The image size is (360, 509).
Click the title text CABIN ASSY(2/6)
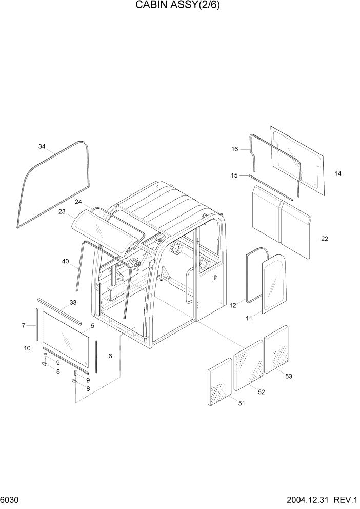(x=179, y=6)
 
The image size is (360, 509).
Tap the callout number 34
(x=42, y=147)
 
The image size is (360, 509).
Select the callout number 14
(x=337, y=174)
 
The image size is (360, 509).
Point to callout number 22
(x=324, y=239)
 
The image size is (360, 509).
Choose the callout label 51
(x=241, y=403)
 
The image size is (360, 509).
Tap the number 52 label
(x=261, y=392)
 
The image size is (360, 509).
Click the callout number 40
(x=65, y=261)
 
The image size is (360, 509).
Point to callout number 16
(x=235, y=149)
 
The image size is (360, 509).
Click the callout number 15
(x=234, y=175)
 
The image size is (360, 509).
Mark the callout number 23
(x=62, y=211)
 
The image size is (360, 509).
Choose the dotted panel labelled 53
(x=276, y=349)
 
